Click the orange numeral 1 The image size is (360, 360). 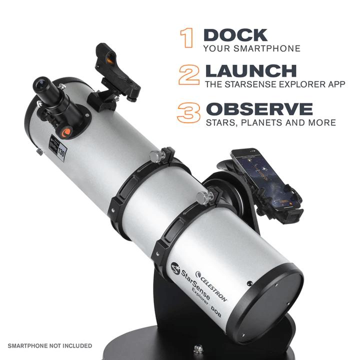pos(187,38)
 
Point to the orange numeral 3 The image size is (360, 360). pos(189,112)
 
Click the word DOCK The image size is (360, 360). pos(235,35)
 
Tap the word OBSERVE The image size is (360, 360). pos(259,108)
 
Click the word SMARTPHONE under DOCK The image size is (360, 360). pos(270,49)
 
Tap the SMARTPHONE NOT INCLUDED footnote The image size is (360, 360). pos(49,345)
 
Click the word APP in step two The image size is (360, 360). pos(335,84)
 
